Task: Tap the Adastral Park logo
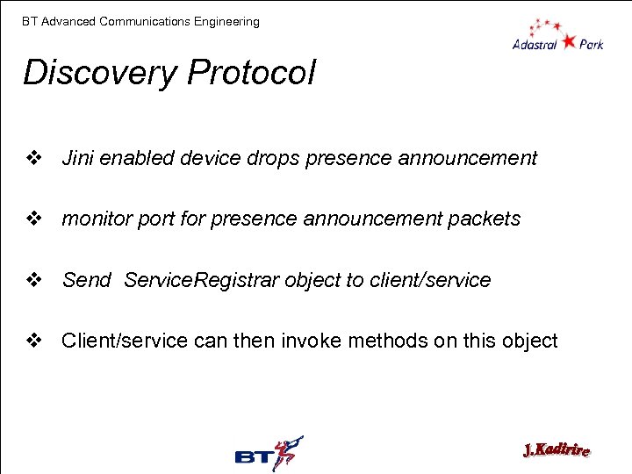point(557,34)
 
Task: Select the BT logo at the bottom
point(269,454)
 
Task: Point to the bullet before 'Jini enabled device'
point(34,158)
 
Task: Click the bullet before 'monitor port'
point(34,219)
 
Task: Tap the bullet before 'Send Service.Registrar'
point(34,280)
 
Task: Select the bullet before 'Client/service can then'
point(34,341)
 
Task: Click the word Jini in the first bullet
point(77,158)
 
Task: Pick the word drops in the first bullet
point(275,158)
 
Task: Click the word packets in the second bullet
point(484,219)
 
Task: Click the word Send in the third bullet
point(86,280)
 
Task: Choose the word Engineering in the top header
point(227,21)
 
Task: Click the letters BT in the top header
point(30,21)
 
